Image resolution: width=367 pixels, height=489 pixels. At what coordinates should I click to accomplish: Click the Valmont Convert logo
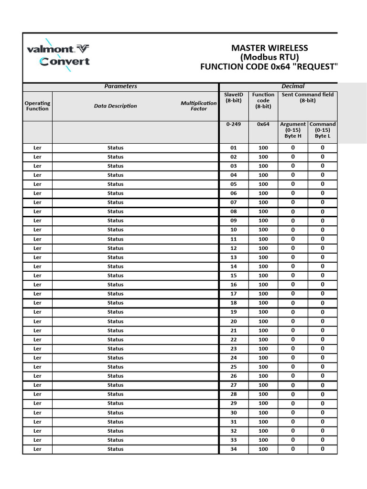58,55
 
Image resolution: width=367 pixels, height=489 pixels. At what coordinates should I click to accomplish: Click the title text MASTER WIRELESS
270,48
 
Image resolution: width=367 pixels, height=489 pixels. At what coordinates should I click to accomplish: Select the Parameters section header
120,86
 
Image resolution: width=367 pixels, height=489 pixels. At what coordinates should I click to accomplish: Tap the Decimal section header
292,86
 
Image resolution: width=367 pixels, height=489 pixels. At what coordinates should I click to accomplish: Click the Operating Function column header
37,106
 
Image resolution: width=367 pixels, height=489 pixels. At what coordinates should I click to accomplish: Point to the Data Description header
115,106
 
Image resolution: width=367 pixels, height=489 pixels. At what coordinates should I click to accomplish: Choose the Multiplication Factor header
198,106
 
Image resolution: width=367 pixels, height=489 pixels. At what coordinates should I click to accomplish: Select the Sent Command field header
307,97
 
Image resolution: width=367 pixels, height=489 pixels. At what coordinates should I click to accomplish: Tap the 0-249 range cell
234,124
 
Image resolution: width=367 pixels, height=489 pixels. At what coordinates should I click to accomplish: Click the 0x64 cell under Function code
263,124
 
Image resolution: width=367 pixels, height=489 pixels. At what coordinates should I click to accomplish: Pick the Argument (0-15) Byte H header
293,130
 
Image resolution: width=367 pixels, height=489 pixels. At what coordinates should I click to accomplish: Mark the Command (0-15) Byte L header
323,130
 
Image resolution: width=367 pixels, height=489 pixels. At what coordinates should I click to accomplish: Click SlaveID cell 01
234,148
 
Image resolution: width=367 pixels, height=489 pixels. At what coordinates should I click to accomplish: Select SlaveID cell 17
234,294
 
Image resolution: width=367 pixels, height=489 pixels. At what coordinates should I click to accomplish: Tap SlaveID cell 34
234,449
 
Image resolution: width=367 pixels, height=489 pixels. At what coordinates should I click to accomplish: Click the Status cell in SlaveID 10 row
115,230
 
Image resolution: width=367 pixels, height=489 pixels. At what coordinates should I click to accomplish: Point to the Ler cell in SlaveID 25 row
37,367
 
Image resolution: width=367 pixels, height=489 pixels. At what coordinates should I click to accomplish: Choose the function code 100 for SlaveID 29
263,404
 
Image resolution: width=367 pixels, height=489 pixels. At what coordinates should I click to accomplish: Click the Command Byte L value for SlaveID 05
323,184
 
